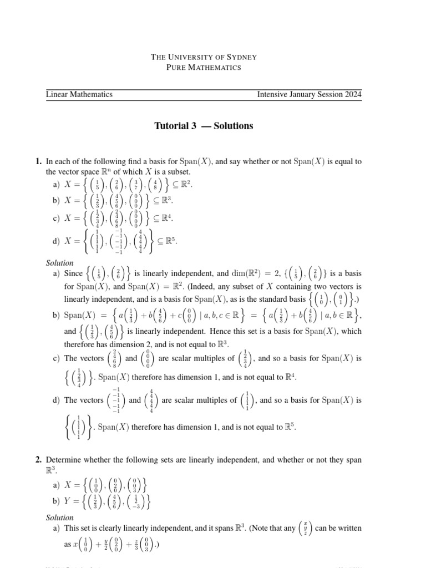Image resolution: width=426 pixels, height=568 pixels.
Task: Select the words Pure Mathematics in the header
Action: click(x=204, y=67)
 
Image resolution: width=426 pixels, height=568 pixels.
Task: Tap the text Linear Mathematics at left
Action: click(x=79, y=94)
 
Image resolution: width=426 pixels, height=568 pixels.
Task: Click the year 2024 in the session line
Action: click(x=352, y=94)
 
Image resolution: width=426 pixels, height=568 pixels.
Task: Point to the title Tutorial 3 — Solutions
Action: click(x=203, y=126)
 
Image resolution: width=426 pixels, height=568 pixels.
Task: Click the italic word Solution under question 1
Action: click(x=60, y=263)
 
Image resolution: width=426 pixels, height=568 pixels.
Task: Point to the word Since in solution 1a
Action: click(x=74, y=273)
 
